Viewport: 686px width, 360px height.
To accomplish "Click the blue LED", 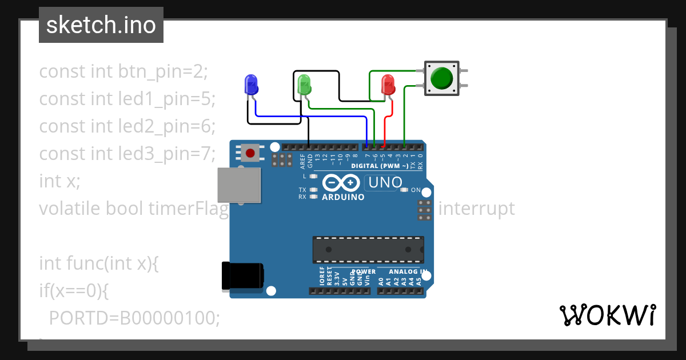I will click(x=250, y=85).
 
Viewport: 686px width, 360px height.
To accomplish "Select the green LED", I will click(x=305, y=85).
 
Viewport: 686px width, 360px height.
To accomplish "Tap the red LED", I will click(x=388, y=85).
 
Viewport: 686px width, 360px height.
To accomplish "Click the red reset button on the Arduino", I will click(x=250, y=153).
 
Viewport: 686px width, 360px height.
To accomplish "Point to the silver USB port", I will click(x=239, y=185).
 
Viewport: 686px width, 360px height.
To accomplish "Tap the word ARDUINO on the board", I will click(x=344, y=197).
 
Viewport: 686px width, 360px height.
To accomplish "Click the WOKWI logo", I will click(x=607, y=315).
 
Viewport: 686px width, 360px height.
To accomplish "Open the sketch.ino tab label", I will click(x=101, y=25).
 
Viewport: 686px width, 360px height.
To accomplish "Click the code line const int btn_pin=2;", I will click(x=123, y=71).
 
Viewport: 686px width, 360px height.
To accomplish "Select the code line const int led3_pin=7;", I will click(x=127, y=154).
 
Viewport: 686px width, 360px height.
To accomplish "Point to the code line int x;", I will click(x=59, y=181).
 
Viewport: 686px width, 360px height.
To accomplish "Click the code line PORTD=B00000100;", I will click(x=134, y=318).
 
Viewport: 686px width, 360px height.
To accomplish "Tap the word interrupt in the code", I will click(x=476, y=209).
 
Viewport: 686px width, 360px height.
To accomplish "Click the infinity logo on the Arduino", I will click(x=342, y=183).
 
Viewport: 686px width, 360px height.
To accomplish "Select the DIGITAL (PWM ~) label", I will click(x=380, y=166).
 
